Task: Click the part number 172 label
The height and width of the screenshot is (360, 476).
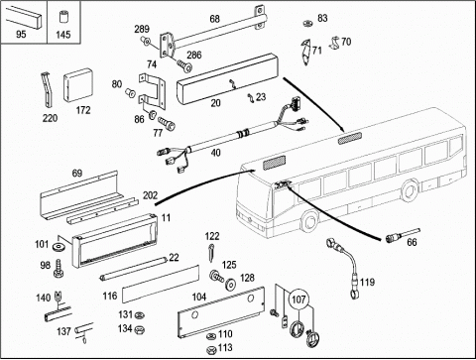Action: click(x=83, y=110)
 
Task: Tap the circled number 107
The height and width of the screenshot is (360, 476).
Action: click(x=298, y=300)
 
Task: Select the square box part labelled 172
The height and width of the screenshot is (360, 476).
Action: click(x=78, y=85)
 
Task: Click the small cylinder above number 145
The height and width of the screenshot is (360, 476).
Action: click(x=62, y=17)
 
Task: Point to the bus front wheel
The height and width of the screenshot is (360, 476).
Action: click(x=310, y=221)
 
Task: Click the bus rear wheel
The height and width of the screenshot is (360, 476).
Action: click(x=411, y=190)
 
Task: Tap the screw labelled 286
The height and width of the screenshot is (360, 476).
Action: click(x=184, y=65)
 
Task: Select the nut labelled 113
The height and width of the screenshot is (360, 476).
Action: click(x=211, y=349)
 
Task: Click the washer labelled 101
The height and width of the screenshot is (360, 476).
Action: click(x=59, y=246)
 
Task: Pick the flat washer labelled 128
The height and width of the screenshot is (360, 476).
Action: click(x=230, y=284)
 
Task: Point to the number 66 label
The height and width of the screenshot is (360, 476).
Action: click(x=412, y=243)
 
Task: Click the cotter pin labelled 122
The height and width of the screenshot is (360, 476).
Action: click(x=211, y=253)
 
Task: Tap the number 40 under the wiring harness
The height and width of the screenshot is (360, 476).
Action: click(x=215, y=153)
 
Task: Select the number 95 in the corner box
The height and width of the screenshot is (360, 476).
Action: click(x=21, y=34)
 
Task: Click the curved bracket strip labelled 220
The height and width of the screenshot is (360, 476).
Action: click(x=47, y=90)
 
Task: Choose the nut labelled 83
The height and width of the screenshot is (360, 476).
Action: click(x=308, y=24)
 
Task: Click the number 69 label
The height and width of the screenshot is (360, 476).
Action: click(x=77, y=174)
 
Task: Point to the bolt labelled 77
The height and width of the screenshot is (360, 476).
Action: click(x=168, y=124)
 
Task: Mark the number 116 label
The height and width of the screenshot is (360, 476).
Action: click(x=110, y=296)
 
